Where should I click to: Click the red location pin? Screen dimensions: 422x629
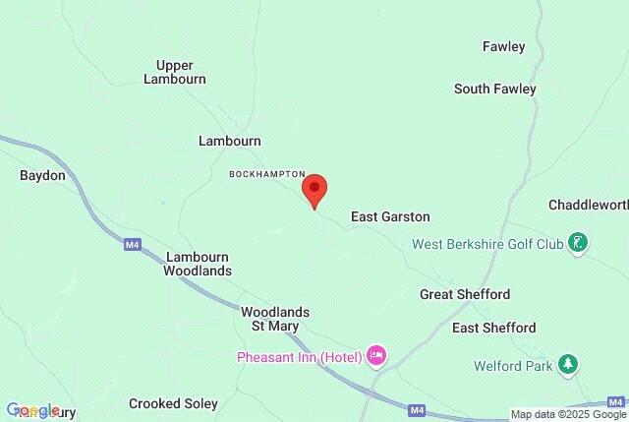click(x=314, y=188)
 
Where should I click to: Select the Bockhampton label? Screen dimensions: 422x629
click(x=267, y=173)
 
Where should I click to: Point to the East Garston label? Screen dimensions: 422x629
click(x=390, y=216)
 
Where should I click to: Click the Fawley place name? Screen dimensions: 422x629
click(x=503, y=46)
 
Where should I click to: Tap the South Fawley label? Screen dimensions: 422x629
click(x=494, y=89)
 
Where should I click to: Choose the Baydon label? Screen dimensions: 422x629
click(x=42, y=175)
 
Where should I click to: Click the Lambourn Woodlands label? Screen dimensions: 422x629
click(x=198, y=262)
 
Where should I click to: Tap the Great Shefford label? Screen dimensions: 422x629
click(x=464, y=294)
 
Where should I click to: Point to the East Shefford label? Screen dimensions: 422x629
click(x=493, y=328)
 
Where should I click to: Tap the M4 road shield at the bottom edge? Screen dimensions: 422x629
click(x=418, y=409)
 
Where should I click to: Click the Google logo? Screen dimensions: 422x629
click(x=33, y=410)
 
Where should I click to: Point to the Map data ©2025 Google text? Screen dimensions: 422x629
click(x=567, y=414)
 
